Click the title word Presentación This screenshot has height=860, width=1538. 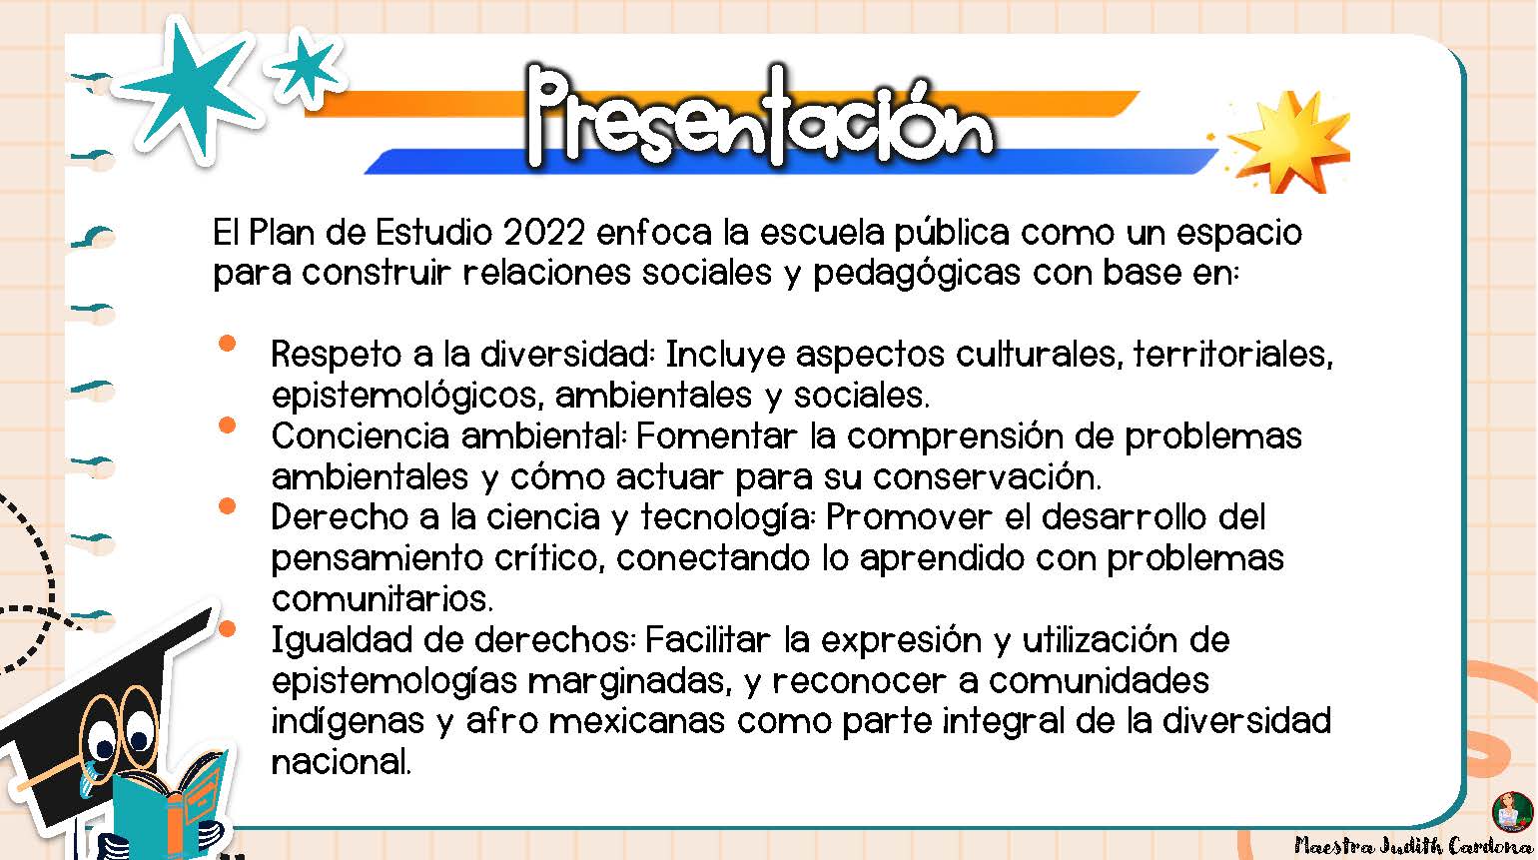tap(760, 117)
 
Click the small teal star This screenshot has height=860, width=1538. tap(305, 68)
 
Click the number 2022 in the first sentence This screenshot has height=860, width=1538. tap(543, 232)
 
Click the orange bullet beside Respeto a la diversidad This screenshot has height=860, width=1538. tap(228, 344)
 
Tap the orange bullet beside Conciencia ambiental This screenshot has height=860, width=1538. tap(228, 426)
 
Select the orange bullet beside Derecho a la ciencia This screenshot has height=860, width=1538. tap(228, 506)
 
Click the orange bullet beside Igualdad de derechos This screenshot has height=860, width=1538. tap(228, 628)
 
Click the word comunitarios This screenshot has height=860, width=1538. tap(383, 599)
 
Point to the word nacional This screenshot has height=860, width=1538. tap(342, 762)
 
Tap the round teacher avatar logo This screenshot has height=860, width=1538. tap(1513, 811)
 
